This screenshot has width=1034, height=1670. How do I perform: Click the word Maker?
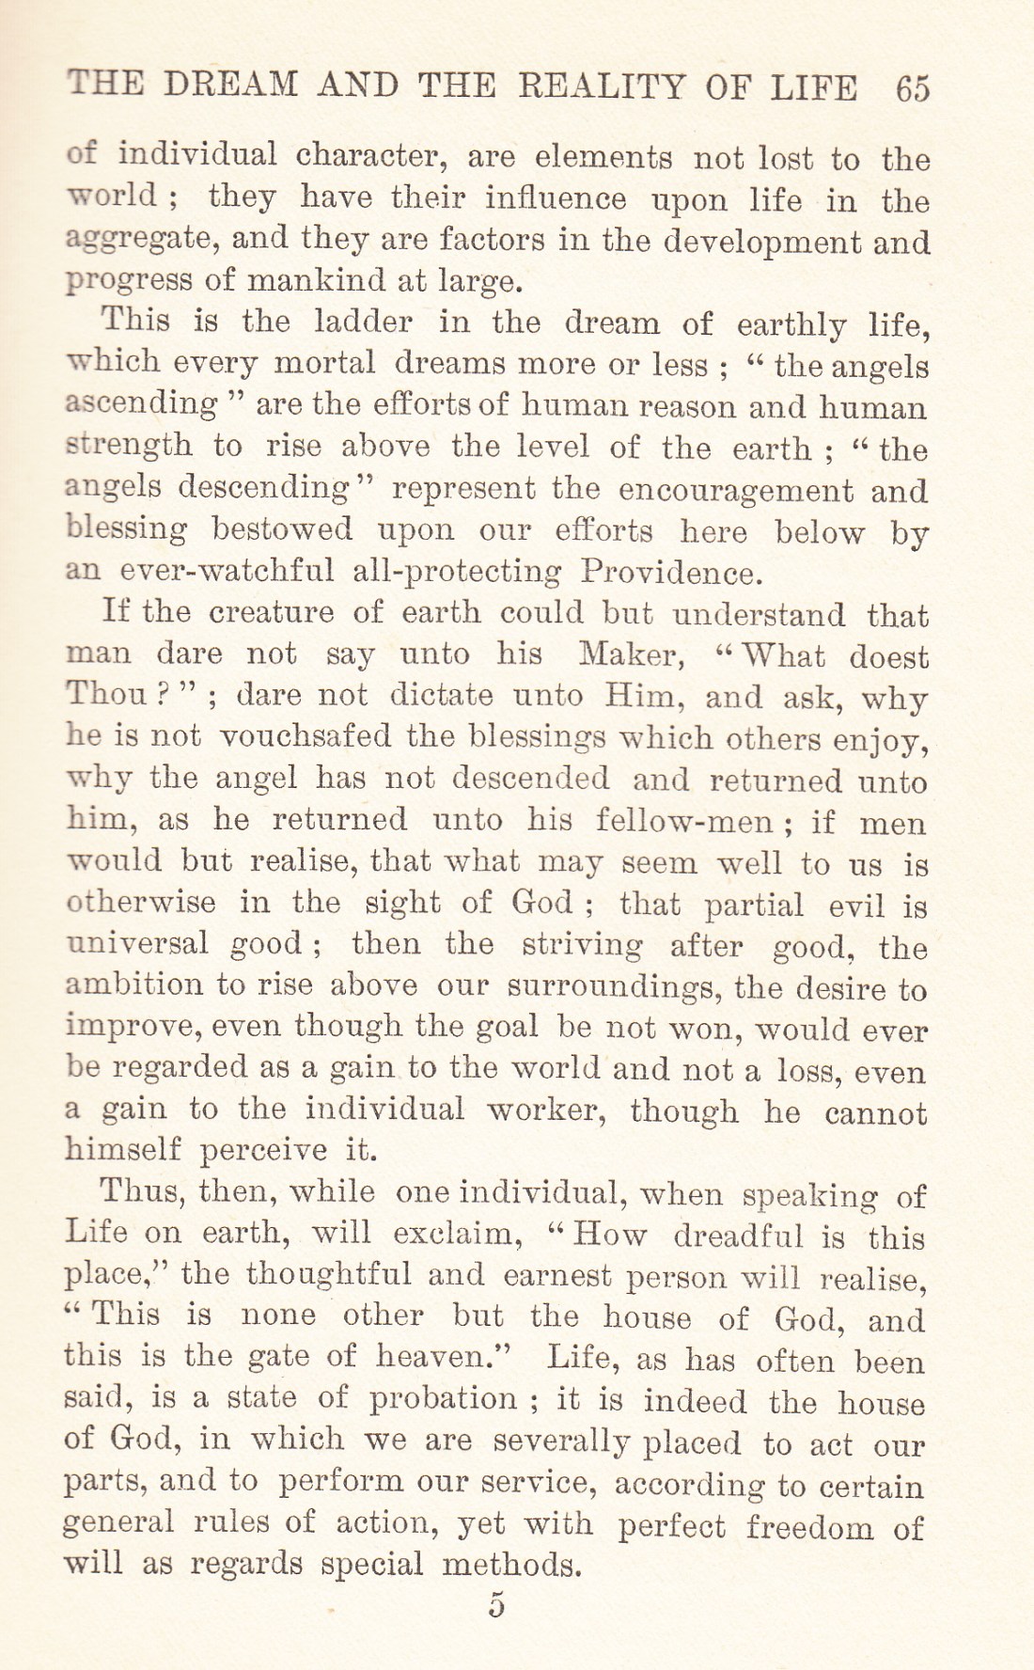629,654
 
